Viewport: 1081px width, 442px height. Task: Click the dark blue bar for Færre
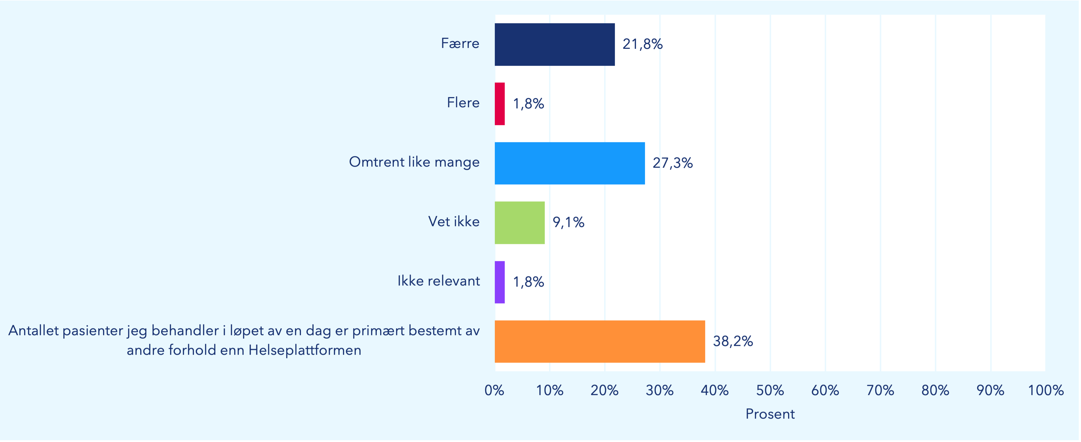(x=554, y=45)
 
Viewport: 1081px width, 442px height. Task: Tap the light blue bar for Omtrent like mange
(x=569, y=163)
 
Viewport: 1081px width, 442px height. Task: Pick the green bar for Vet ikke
(x=519, y=223)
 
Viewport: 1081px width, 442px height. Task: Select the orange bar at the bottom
(x=600, y=341)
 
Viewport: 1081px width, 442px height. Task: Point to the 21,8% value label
(x=642, y=44)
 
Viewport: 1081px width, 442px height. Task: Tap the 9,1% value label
(x=568, y=222)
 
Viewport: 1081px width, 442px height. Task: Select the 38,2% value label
(x=733, y=341)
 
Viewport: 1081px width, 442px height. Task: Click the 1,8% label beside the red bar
(x=528, y=104)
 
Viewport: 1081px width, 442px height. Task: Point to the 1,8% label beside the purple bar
(x=528, y=282)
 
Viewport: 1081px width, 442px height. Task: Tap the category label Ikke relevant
(x=439, y=281)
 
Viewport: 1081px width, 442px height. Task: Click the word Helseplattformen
(x=305, y=350)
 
